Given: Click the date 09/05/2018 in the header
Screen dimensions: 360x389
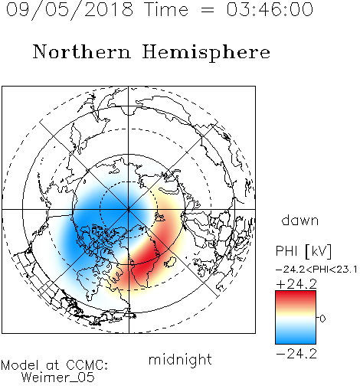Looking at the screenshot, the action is [70, 10].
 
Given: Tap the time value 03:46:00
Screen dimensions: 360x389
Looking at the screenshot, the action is [270, 9].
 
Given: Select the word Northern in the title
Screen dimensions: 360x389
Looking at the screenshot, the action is [82, 51].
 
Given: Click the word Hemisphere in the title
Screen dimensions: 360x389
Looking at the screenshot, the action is [206, 52].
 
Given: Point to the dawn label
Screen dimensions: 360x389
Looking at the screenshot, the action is [300, 220].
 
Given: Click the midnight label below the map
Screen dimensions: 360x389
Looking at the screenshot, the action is [180, 359].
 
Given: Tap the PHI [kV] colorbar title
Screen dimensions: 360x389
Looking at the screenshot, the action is [303, 251].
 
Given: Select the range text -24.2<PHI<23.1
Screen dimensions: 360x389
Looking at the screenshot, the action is [316, 270].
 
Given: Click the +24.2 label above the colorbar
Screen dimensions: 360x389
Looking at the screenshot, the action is [296, 284].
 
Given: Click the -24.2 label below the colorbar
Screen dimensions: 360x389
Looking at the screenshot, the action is [296, 354].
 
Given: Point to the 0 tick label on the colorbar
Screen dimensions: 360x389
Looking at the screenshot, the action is [322, 319].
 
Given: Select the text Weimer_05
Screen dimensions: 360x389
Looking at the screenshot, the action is [58, 378].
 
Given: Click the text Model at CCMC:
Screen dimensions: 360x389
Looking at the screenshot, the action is [54, 365].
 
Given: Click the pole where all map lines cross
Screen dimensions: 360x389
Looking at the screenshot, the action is [129, 210].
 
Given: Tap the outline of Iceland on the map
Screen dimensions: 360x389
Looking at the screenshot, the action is [170, 262].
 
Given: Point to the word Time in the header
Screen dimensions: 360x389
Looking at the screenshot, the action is [166, 10].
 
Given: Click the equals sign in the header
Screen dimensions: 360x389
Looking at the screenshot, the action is [208, 11].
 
